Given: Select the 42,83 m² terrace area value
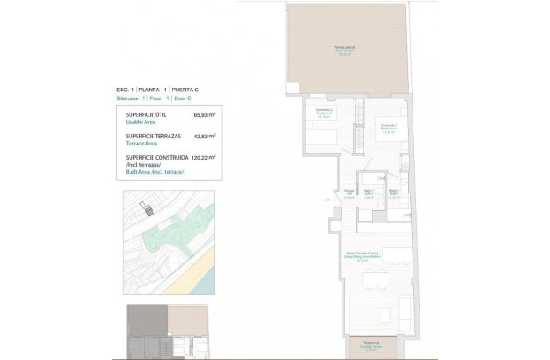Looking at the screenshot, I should click(x=201, y=137).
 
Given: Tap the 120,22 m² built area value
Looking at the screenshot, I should click(x=200, y=157).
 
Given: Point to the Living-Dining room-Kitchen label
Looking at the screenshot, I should click(x=363, y=258).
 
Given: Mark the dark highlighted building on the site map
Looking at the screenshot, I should click(x=149, y=210).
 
